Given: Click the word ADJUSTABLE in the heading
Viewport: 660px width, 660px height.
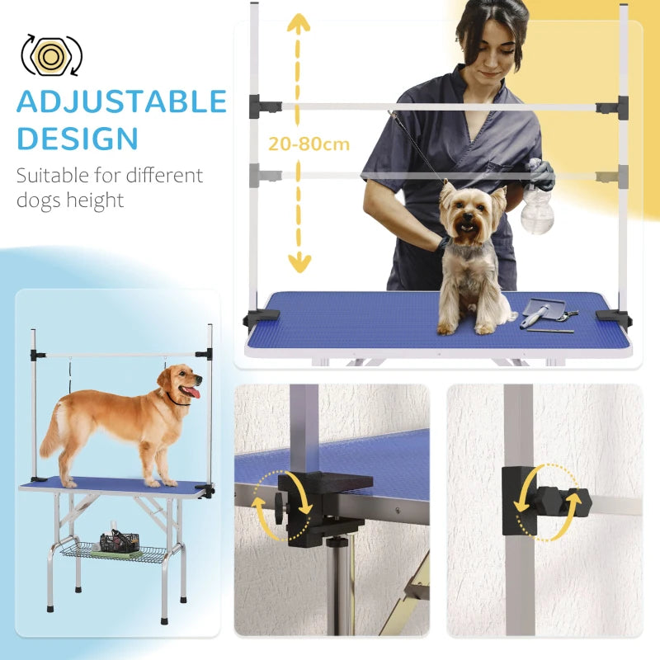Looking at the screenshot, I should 121,101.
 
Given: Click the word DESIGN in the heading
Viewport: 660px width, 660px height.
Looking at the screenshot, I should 78,138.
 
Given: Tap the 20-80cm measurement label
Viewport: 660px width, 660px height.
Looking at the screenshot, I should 309,144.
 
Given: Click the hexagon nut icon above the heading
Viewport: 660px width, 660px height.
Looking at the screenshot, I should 51,54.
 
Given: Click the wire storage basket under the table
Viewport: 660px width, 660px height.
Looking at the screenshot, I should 115,548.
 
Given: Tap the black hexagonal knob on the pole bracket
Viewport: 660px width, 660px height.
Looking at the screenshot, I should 550,500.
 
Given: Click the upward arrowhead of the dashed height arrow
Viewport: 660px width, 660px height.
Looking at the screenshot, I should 298,23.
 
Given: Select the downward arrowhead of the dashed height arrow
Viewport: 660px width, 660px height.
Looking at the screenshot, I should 299,264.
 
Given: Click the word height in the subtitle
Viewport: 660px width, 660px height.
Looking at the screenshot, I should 97,200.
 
